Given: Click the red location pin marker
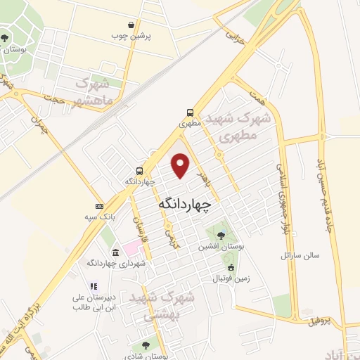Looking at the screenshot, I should pyautogui.click(x=181, y=166).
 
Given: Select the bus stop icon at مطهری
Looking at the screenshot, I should pyautogui.click(x=191, y=112).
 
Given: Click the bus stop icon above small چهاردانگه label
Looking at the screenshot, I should pyautogui.click(x=139, y=171).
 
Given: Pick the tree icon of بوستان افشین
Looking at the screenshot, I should pyautogui.click(x=221, y=235).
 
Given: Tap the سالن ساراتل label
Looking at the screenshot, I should pyautogui.click(x=300, y=254).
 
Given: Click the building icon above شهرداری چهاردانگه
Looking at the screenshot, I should pyautogui.click(x=115, y=252).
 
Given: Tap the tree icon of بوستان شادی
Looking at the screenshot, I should pyautogui.click(x=146, y=345).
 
